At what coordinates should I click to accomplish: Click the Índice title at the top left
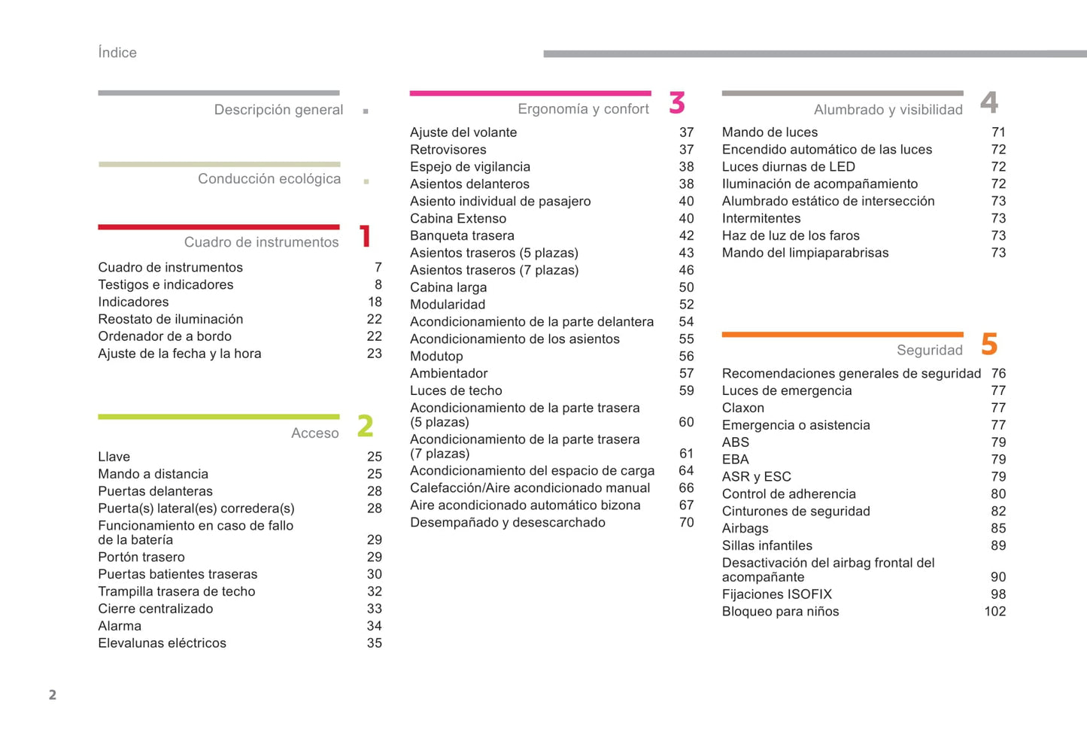[x=117, y=53]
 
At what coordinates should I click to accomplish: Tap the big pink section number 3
[x=677, y=103]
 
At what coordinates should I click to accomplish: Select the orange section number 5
[x=989, y=345]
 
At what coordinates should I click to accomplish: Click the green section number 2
[x=366, y=427]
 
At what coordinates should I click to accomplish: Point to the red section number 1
[x=366, y=236]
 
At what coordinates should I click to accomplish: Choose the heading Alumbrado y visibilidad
[x=888, y=110]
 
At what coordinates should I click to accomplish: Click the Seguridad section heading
[x=929, y=351]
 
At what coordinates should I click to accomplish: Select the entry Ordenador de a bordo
[x=165, y=336]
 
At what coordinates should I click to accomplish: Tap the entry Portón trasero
[x=141, y=557]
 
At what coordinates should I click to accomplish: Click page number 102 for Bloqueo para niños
[x=994, y=612]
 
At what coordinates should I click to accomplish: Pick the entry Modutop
[x=436, y=357]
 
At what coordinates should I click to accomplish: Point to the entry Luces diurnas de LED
[x=788, y=167]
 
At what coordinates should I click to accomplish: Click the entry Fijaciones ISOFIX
[x=776, y=594]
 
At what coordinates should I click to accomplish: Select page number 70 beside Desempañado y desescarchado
[x=686, y=523]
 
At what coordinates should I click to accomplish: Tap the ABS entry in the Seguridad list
[x=736, y=442]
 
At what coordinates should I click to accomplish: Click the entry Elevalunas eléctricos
[x=162, y=643]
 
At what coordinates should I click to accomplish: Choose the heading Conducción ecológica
[x=269, y=179]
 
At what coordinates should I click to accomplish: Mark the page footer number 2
[x=53, y=694]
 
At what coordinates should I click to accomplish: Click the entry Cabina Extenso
[x=458, y=219]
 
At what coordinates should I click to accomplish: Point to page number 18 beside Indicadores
[x=375, y=302]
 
